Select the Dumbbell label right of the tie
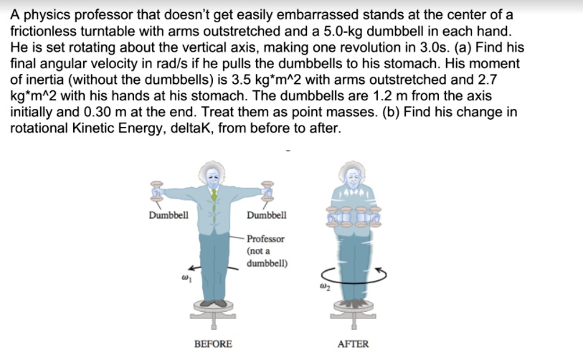[266, 214]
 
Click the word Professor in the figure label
[265, 239]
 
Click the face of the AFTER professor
[351, 174]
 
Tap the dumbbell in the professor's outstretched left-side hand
[153, 189]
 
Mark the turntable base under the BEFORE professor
[212, 313]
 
